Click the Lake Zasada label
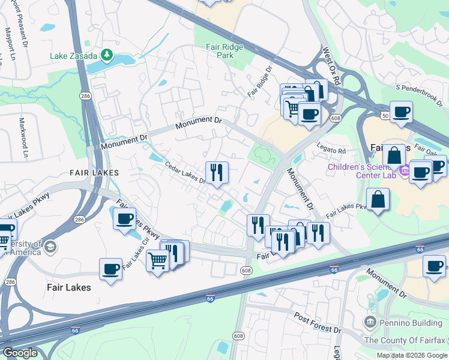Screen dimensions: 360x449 tap(73, 56)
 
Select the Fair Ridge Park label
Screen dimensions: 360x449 tap(217, 50)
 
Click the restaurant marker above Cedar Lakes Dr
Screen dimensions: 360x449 tap(217, 172)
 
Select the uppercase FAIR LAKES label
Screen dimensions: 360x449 tap(94, 173)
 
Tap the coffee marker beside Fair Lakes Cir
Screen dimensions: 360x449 tap(110, 269)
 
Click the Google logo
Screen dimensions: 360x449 tap(20, 353)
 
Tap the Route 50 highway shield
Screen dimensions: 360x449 tap(384, 115)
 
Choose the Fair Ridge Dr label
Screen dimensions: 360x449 tap(260, 83)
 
